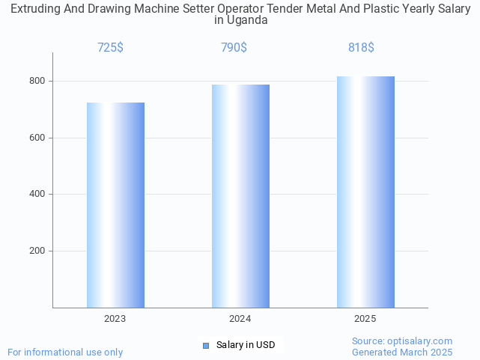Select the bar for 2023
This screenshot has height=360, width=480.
[115, 205]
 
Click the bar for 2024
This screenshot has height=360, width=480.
[240, 196]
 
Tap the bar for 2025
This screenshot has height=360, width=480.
[365, 192]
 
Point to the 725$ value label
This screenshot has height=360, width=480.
[110, 47]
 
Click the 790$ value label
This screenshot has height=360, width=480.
[234, 47]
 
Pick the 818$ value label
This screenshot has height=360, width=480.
[361, 47]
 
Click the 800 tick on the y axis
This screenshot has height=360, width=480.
[37, 81]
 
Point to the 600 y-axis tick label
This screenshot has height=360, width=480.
[37, 138]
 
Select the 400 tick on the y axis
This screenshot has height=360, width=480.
[37, 195]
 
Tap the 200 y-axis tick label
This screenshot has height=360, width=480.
[37, 251]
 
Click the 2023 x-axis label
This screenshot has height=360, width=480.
[115, 319]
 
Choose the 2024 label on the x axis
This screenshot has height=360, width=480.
[240, 319]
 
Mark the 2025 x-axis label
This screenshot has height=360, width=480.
[365, 319]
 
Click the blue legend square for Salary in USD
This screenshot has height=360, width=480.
[206, 345]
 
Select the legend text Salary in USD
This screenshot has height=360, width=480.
[246, 345]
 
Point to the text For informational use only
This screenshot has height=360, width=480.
[65, 352]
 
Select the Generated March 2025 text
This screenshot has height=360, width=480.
[402, 352]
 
